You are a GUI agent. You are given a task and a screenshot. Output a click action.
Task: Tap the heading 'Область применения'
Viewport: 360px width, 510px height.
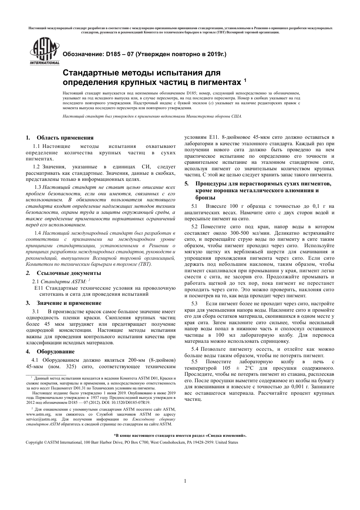(x=65, y=138)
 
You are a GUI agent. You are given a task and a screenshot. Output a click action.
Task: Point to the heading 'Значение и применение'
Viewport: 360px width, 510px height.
(x=69, y=303)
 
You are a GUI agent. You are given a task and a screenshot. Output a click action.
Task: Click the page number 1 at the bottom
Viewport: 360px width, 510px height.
(x=185, y=481)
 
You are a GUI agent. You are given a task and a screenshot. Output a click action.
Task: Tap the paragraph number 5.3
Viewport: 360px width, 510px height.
(x=194, y=304)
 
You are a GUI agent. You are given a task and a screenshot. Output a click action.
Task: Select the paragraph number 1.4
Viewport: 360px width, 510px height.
(x=38, y=233)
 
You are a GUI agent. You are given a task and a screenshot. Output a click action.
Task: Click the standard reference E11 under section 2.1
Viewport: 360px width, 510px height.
(x=38, y=288)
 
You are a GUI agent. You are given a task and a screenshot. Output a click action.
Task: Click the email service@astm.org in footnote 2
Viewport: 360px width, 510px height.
(x=38, y=419)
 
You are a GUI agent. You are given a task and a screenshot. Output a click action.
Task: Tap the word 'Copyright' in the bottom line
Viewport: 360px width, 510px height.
(x=34, y=443)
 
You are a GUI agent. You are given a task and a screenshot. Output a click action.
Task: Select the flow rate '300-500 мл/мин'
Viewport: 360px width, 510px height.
(x=240, y=233)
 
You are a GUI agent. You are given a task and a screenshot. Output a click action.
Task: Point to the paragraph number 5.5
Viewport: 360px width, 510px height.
(x=194, y=362)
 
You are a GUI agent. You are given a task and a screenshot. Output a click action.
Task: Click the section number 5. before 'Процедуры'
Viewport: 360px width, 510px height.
(x=186, y=184)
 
